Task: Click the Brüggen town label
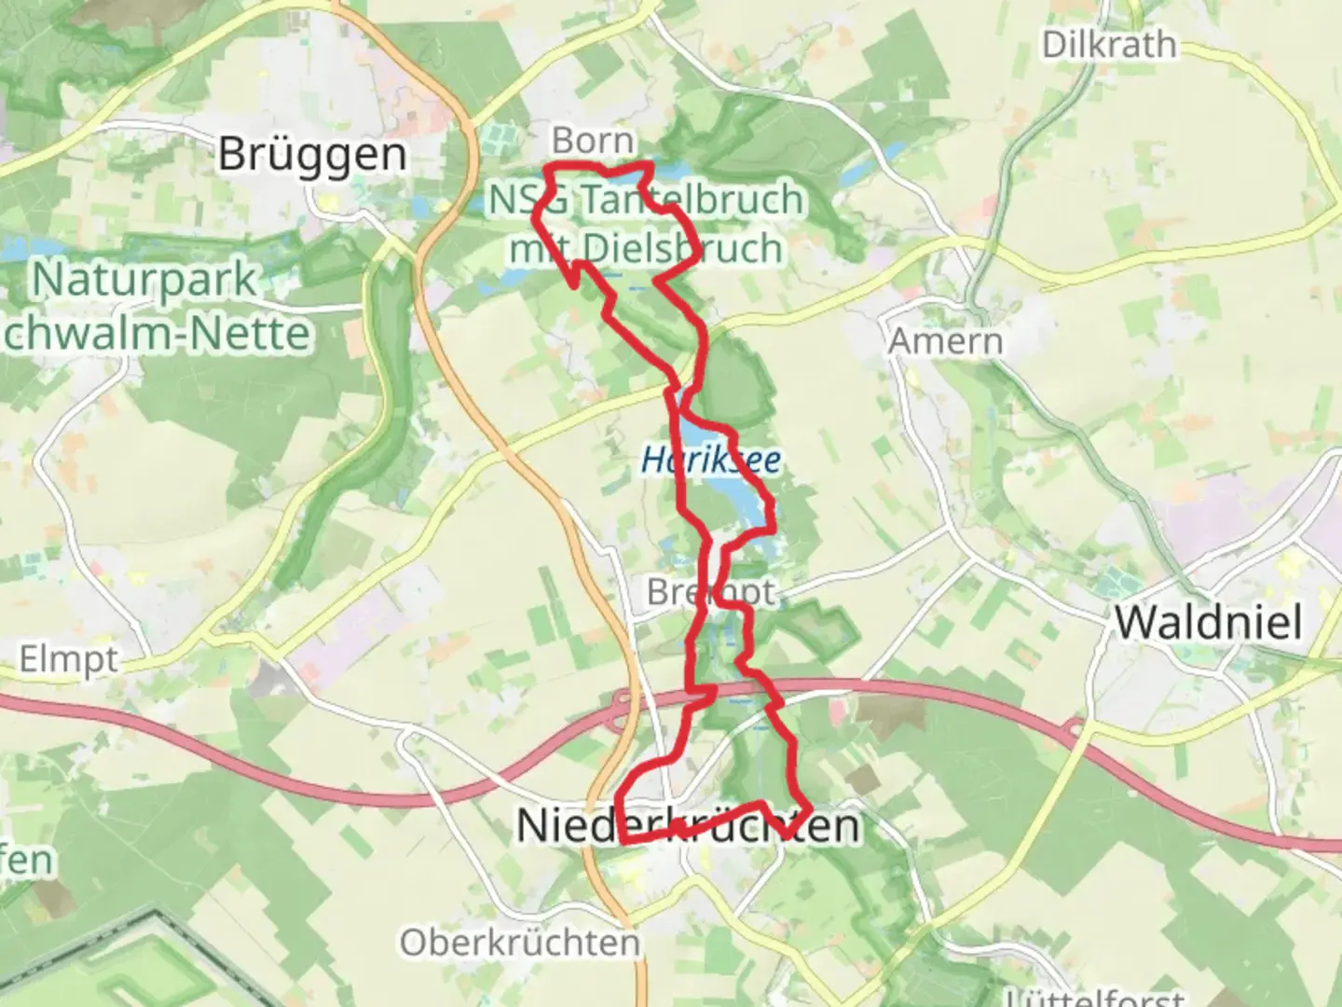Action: (x=312, y=154)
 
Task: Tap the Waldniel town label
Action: (x=1209, y=622)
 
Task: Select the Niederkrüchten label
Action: (x=688, y=826)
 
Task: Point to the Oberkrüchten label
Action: (x=520, y=943)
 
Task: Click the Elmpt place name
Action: (x=69, y=660)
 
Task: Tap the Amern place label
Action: (x=945, y=341)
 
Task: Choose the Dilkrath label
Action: (x=1109, y=45)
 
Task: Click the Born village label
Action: (x=593, y=141)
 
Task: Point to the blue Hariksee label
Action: (x=711, y=460)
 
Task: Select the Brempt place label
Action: (x=710, y=592)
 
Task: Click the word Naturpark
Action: (x=144, y=280)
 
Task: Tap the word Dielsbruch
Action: (x=682, y=248)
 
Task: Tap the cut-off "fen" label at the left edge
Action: (x=26, y=860)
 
